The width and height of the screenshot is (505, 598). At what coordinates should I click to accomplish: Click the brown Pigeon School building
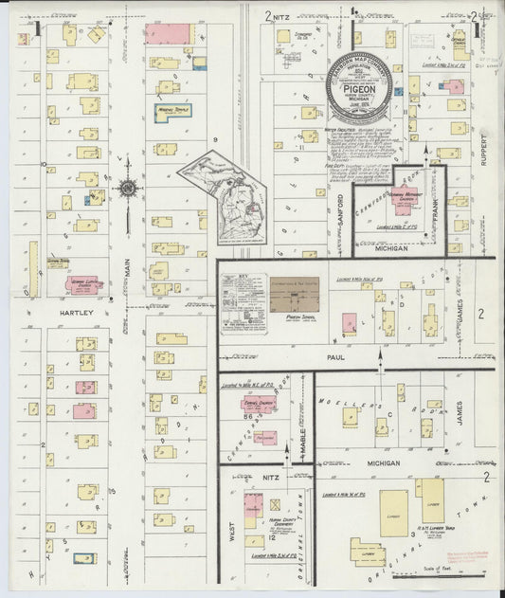tap(294, 296)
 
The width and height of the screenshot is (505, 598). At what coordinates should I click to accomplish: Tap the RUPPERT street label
tap(483, 148)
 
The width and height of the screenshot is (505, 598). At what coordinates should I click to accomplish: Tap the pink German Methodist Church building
tap(404, 203)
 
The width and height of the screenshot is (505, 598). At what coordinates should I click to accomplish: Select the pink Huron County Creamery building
tap(254, 508)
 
